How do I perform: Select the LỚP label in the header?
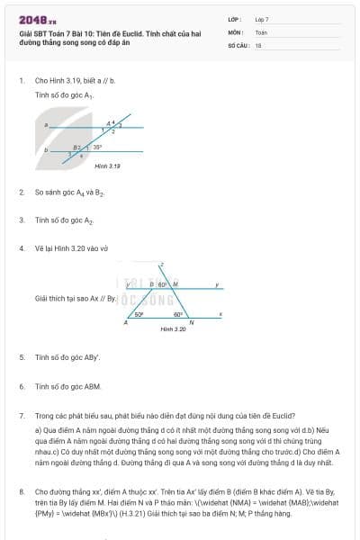point(235,18)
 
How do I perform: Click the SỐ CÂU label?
point(238,44)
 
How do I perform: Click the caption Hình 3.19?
point(107,166)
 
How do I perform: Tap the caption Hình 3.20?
point(173,329)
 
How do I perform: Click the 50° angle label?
point(139,315)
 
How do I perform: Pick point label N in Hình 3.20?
point(191,323)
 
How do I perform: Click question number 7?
point(21,417)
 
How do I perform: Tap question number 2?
point(21,193)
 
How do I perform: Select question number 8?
point(21,492)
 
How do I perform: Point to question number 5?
point(21,357)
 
